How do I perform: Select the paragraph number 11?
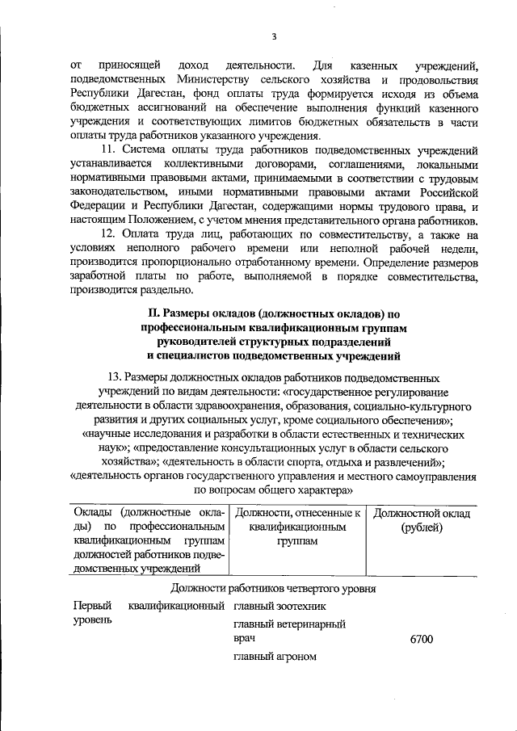(x=108, y=150)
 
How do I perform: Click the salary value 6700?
(x=422, y=640)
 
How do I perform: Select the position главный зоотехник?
(x=280, y=606)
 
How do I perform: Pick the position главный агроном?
(x=275, y=657)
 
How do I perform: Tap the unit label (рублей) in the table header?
(x=422, y=527)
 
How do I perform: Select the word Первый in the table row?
(x=90, y=606)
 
